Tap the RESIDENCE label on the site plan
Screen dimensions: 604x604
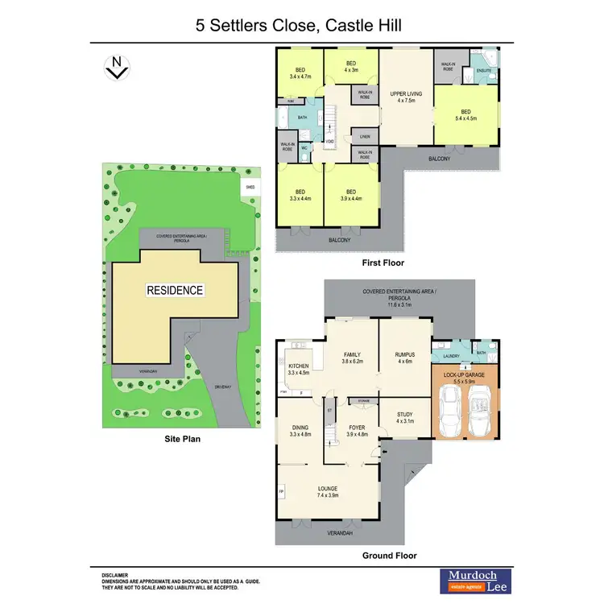(x=174, y=290)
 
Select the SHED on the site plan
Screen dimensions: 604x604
(x=250, y=187)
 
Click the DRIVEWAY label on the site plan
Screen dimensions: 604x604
(x=223, y=387)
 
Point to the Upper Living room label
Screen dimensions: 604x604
(x=406, y=94)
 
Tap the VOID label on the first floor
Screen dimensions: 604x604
(x=329, y=143)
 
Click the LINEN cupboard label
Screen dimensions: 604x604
(x=365, y=137)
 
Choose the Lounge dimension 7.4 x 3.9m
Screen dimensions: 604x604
(x=326, y=496)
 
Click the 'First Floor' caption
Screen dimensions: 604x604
(x=383, y=263)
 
